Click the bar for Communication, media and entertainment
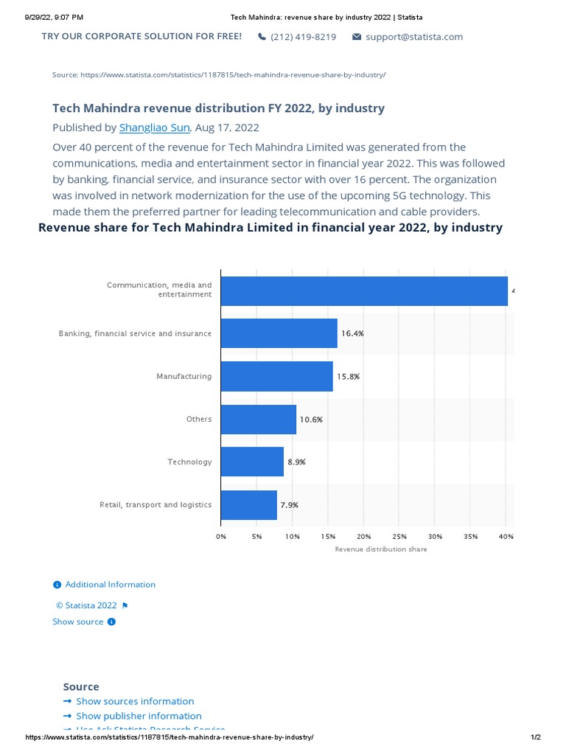pos(364,291)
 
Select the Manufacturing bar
pos(276,376)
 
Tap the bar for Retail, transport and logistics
pos(248,505)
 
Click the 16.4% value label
pos(352,333)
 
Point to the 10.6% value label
pos(311,420)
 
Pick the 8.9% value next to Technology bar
pos(296,462)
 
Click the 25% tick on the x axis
pos(399,537)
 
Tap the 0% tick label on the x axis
pos(221,537)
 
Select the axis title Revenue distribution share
pos(380,549)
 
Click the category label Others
pos(199,420)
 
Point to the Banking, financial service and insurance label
pos(135,334)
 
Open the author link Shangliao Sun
pos(154,128)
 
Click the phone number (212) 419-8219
pos(303,37)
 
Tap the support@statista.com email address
pos(414,37)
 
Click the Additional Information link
pos(110,585)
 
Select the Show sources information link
pos(135,701)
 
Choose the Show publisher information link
pos(139,716)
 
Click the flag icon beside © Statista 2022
pos(125,606)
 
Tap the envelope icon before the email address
pos(357,37)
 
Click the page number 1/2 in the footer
pos(535,738)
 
